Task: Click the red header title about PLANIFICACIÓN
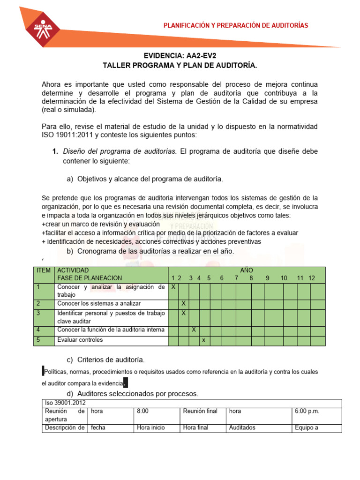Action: click(x=236, y=25)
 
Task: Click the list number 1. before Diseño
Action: click(x=55, y=151)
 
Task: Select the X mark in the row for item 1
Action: click(x=173, y=287)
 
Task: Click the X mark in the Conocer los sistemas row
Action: click(x=184, y=303)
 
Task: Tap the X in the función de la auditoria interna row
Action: click(x=194, y=330)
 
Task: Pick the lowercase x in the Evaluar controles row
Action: click(x=204, y=340)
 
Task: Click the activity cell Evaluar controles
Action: click(x=80, y=340)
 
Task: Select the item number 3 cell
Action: click(x=38, y=313)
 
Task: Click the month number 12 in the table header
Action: click(x=312, y=278)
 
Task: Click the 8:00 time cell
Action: click(x=142, y=411)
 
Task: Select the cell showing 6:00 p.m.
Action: click(x=307, y=411)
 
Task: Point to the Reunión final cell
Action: click(x=200, y=411)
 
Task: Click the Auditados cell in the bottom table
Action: click(x=242, y=427)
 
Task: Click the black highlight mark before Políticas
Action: click(x=43, y=371)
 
